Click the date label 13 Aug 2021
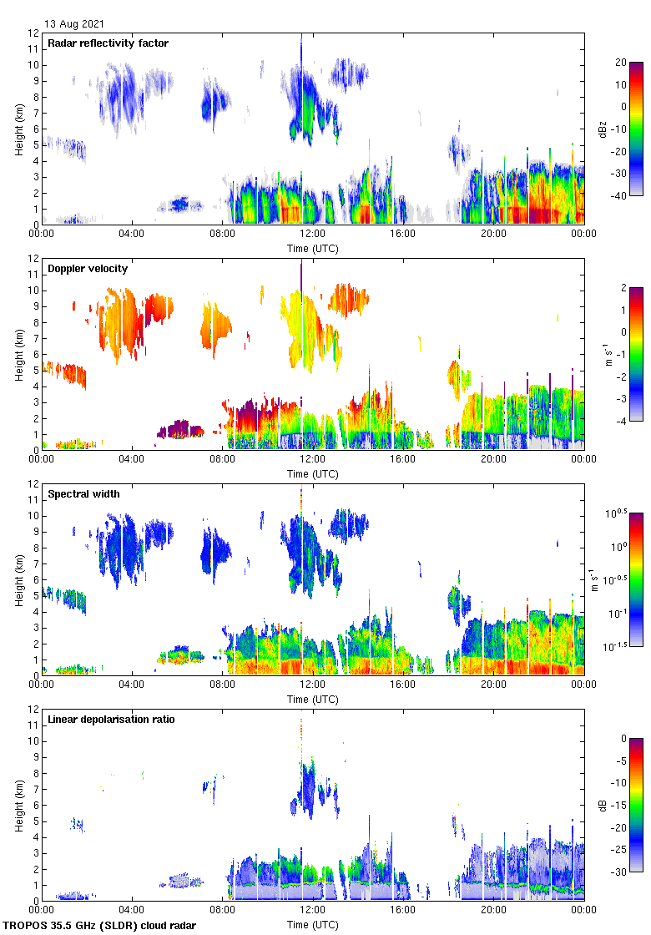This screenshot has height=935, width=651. pos(75,24)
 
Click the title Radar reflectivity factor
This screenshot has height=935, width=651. pos(108,43)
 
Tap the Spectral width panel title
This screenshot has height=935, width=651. pos(83,494)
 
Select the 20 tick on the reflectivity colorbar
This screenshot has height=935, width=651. pos(621,63)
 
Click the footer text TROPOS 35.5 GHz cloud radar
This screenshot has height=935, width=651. pos(100,925)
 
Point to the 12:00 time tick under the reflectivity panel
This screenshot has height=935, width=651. pos(312,235)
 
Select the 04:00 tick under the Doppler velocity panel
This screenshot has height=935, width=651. pos(132,460)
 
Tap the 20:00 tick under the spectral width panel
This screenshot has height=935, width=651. pos(493,685)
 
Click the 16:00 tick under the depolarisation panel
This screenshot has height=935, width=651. pos(403,911)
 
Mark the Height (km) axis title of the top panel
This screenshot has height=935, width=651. pos(18,129)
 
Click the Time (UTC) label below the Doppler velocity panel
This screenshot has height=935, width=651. pos(313,473)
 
